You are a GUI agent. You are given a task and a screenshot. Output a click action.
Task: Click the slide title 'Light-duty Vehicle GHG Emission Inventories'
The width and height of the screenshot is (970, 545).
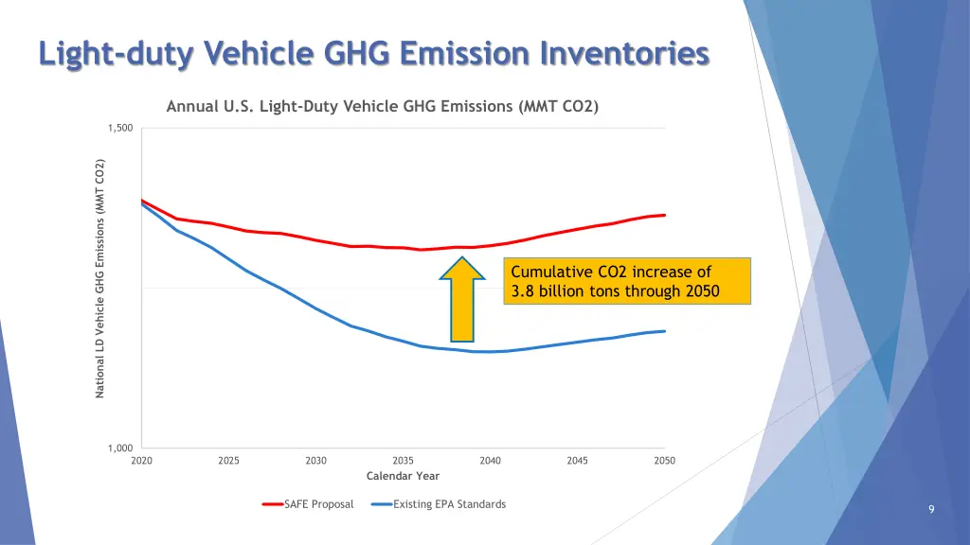click(x=373, y=53)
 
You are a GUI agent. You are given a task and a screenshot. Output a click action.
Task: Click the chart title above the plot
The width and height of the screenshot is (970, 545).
click(x=382, y=106)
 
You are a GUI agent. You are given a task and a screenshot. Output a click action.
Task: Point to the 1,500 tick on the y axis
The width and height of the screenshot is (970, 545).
click(x=120, y=129)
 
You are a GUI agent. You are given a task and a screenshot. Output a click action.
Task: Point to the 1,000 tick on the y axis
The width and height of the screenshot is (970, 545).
click(x=120, y=448)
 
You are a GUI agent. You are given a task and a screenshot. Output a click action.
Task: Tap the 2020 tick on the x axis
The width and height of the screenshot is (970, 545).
click(x=142, y=461)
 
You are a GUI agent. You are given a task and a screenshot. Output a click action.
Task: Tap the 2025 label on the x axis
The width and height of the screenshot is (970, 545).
click(x=228, y=461)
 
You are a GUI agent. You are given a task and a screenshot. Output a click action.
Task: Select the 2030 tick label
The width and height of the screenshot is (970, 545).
click(x=315, y=461)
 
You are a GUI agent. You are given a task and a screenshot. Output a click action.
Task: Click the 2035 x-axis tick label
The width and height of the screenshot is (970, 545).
click(x=403, y=461)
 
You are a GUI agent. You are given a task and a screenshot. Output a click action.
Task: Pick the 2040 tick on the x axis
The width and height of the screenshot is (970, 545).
click(x=490, y=461)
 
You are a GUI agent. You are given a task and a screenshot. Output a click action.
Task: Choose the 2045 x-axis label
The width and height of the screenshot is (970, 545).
click(x=577, y=461)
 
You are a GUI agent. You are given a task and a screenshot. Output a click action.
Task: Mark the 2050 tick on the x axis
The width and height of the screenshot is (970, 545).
click(x=664, y=461)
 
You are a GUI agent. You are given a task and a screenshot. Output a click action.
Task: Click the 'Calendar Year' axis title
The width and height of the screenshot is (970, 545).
click(x=403, y=476)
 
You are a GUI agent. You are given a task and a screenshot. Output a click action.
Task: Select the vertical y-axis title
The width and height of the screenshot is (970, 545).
click(x=100, y=277)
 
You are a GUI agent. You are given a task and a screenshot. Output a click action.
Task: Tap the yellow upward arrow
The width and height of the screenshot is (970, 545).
click(x=462, y=297)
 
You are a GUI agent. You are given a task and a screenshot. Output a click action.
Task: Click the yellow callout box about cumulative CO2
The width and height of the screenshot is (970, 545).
click(x=627, y=281)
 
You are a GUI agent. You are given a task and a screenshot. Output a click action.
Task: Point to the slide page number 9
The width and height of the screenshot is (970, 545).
click(x=931, y=510)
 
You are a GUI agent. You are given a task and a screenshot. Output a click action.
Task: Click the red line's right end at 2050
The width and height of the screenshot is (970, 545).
click(x=664, y=215)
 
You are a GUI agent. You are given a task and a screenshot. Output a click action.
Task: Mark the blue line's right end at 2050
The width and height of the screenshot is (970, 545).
click(x=664, y=331)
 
